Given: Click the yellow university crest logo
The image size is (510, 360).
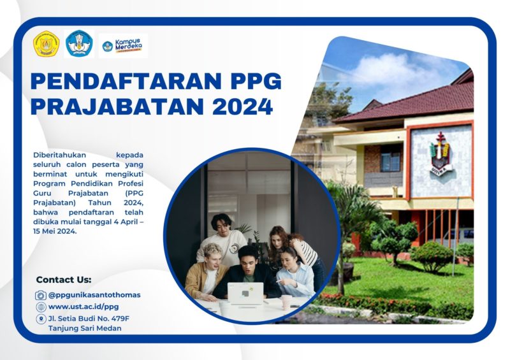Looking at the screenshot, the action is [46, 43].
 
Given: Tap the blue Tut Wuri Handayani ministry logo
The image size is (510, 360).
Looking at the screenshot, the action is [79, 43].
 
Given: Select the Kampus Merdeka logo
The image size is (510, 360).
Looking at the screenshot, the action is [122, 46].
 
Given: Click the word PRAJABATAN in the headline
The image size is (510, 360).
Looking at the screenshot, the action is [117, 106].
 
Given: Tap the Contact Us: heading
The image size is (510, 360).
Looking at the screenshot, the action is [64, 280].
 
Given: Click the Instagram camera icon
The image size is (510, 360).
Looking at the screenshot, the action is [41, 295].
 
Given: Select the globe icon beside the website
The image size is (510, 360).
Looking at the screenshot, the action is [41, 306].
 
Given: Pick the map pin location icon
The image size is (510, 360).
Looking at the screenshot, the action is [41, 319].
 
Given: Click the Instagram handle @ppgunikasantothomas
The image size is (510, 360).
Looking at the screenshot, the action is [94, 295].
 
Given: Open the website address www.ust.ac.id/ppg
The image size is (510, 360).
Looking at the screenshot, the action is [84, 306].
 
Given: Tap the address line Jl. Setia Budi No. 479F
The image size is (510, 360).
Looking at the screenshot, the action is [89, 318].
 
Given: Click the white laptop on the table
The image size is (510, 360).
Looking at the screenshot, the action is [245, 293].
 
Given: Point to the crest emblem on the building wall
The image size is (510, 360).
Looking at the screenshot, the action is [441, 153].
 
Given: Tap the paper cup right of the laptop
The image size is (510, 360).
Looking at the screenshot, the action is [286, 302].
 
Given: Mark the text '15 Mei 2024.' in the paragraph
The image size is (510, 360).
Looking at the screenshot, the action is [55, 231].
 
